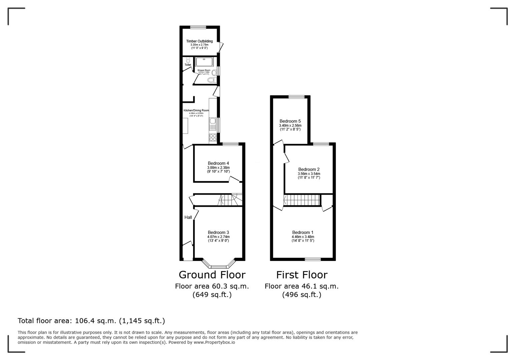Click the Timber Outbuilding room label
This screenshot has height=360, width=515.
point(199,41)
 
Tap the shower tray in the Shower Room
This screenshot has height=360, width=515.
point(204,62)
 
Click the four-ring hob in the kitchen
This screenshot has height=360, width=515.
point(213,137)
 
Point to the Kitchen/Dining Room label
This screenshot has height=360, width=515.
point(196,110)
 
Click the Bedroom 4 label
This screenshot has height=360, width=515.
point(218,163)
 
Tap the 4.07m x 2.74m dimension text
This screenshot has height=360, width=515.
point(218,237)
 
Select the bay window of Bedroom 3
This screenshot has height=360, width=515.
point(218,266)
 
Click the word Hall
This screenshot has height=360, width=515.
point(188,217)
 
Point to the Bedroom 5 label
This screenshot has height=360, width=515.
point(290,121)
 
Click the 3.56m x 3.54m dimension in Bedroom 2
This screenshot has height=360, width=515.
point(309,174)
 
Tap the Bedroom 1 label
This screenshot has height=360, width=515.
point(303,232)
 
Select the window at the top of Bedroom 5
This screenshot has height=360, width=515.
point(296,97)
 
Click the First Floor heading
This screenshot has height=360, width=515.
point(302,275)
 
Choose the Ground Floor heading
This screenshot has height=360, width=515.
point(212,275)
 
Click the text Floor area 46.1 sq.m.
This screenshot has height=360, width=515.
point(302,286)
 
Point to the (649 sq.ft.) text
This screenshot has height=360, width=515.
point(212,295)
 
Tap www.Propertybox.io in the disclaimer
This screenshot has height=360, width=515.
point(214,342)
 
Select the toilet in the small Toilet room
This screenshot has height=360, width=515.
point(188,60)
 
